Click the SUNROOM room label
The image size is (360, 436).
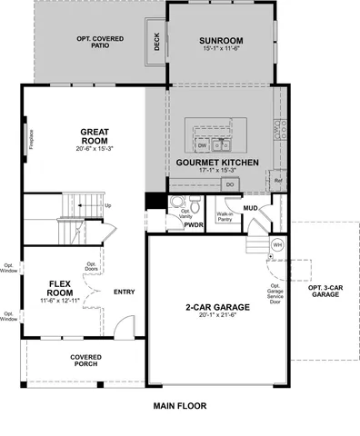[221, 41]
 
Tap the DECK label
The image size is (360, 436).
[156, 44]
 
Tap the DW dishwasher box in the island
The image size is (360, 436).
[202, 145]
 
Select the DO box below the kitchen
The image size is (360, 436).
[230, 184]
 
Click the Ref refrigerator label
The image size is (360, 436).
[279, 181]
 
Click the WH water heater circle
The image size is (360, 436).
[278, 245]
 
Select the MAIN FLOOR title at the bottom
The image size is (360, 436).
[179, 406]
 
